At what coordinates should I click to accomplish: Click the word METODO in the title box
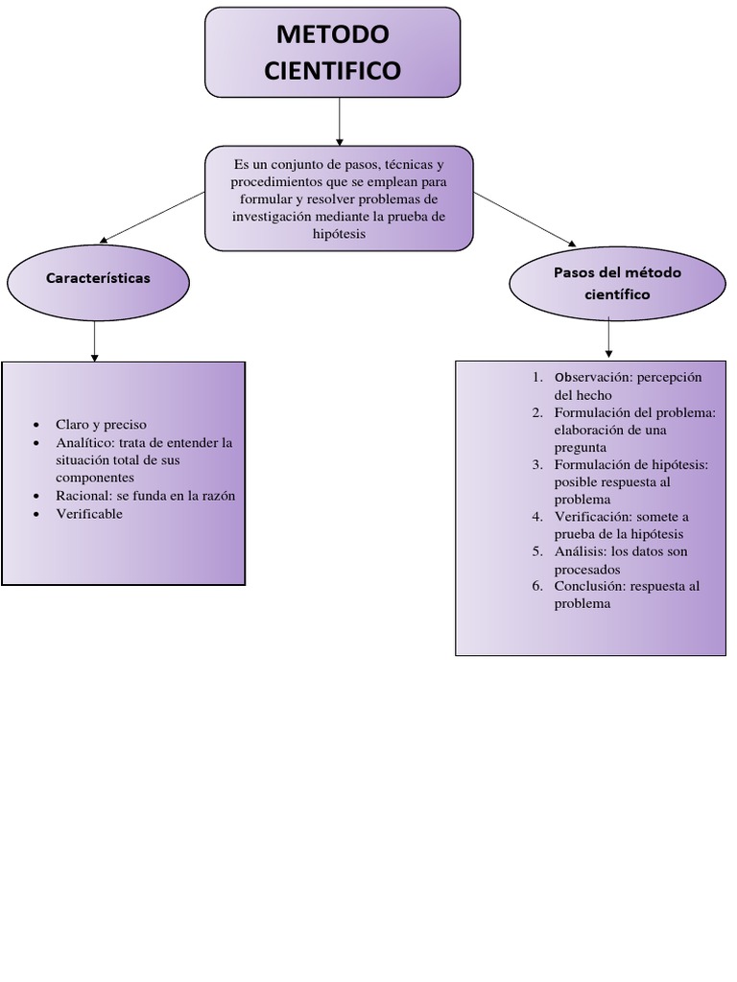333,35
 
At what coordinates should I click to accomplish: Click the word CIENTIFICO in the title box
333,71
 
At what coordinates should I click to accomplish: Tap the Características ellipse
98,278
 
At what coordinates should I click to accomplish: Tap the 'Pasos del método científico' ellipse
617,283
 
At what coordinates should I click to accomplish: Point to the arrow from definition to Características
152,217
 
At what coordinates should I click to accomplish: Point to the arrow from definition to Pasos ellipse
525,218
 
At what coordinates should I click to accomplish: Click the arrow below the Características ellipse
94,340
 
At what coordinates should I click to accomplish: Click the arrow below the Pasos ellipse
608,339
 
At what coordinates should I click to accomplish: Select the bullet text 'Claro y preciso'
101,425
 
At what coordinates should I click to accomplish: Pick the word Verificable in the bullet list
89,514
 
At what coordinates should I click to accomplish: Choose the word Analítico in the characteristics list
84,443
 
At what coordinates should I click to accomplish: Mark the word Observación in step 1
590,377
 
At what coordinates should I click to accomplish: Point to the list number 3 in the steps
537,465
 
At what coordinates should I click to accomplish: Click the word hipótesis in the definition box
339,234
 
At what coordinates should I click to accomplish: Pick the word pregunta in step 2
580,448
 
